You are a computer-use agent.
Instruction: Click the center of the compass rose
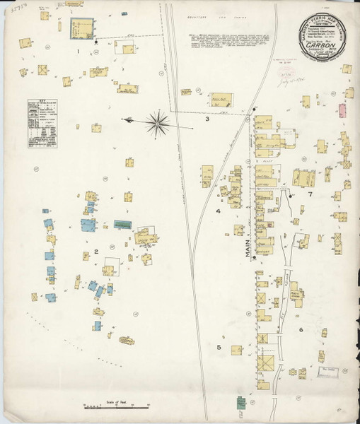pos(158,124)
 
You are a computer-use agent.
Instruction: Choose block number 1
pos(79,51)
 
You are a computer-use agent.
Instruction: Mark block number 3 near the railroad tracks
pos(207,119)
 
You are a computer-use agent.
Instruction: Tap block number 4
pos(219,211)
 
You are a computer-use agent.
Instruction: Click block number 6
pos(301,329)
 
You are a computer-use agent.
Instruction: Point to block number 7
pos(309,193)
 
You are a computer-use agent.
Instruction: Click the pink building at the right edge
pos(342,110)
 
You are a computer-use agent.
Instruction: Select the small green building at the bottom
pos(240,404)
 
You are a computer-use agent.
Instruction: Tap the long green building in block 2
pos(122,224)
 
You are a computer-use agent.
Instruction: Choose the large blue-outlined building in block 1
pos(81,28)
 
